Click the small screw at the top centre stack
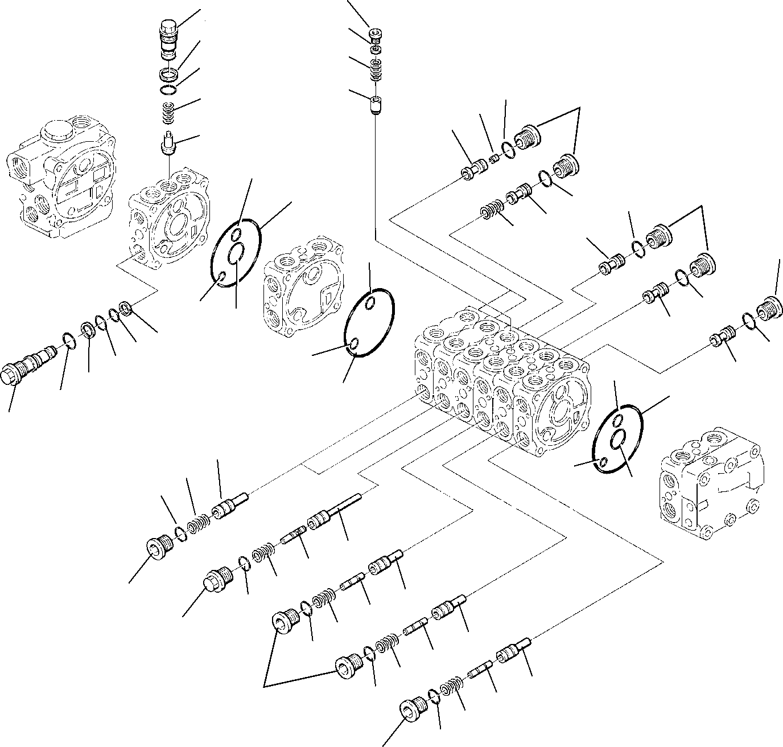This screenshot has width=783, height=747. (376, 35)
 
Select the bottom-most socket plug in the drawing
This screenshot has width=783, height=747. (413, 706)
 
